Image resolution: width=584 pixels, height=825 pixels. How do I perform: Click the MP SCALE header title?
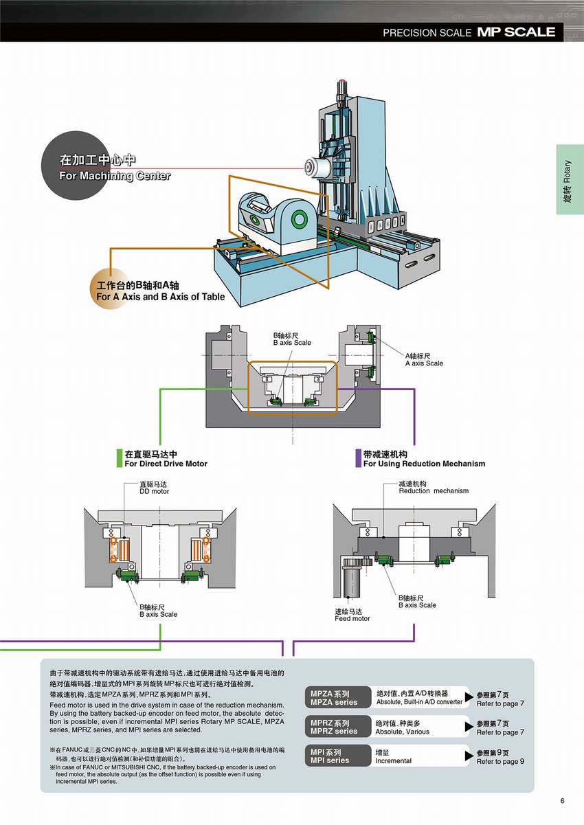tap(516, 32)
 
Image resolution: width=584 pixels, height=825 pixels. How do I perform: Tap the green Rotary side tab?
tap(569, 179)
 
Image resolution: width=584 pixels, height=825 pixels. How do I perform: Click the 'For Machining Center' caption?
tap(115, 176)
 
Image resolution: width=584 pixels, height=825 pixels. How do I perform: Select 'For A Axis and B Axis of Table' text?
tap(160, 297)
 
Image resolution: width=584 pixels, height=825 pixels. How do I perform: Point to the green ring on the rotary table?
tap(299, 219)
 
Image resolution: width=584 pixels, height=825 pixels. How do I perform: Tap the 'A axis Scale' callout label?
tap(424, 363)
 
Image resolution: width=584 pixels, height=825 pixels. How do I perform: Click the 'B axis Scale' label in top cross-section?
tap(292, 342)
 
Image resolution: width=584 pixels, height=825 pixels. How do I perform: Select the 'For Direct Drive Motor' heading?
tap(166, 464)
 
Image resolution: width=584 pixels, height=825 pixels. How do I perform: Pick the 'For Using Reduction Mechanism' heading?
tap(424, 464)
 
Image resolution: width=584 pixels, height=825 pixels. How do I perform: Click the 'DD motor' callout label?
tap(154, 491)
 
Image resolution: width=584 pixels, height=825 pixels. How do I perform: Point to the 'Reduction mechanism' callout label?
tap(434, 490)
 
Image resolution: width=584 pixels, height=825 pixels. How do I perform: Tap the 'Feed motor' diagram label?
tap(352, 618)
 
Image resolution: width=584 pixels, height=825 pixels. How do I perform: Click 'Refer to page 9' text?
tap(500, 761)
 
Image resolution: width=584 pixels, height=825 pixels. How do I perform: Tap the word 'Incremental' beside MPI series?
tap(394, 760)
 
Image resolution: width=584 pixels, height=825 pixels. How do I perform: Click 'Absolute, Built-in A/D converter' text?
tap(419, 702)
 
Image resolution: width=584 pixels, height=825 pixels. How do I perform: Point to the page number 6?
tap(562, 801)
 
